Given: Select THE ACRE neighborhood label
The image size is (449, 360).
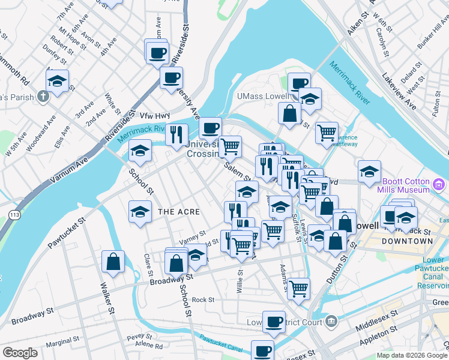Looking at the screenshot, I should click(x=178, y=212).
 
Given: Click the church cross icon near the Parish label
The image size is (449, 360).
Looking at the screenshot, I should click(x=43, y=96).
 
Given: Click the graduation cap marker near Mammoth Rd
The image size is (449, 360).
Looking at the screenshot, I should click(x=57, y=80).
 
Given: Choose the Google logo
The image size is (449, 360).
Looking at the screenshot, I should click(x=20, y=353).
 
